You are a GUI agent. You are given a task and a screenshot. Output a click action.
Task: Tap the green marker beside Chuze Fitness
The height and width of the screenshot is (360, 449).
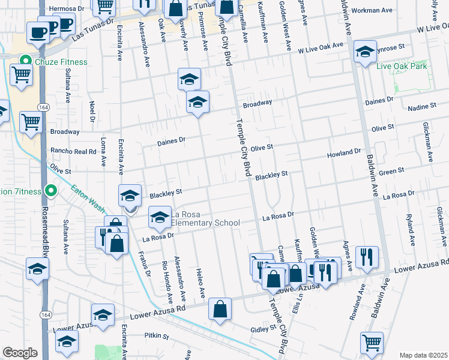point(25,61)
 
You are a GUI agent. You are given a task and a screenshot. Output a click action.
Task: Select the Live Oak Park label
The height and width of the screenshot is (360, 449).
point(402,66)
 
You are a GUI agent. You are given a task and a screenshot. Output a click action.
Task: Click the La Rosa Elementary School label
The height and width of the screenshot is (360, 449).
point(206,218)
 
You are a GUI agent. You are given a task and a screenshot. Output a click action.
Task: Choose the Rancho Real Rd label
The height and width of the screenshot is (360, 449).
point(73,152)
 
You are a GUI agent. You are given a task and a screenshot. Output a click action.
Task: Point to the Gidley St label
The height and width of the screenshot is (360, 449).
point(263,329)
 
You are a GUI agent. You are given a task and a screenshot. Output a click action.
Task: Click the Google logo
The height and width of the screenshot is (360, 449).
point(20,353)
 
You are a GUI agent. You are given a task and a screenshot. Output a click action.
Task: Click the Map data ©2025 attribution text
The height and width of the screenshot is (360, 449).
point(423,355)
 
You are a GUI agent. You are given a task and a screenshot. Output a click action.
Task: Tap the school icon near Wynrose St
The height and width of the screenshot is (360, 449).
point(364,52)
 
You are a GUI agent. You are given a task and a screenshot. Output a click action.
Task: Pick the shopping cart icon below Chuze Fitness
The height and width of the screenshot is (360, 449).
point(22,76)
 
